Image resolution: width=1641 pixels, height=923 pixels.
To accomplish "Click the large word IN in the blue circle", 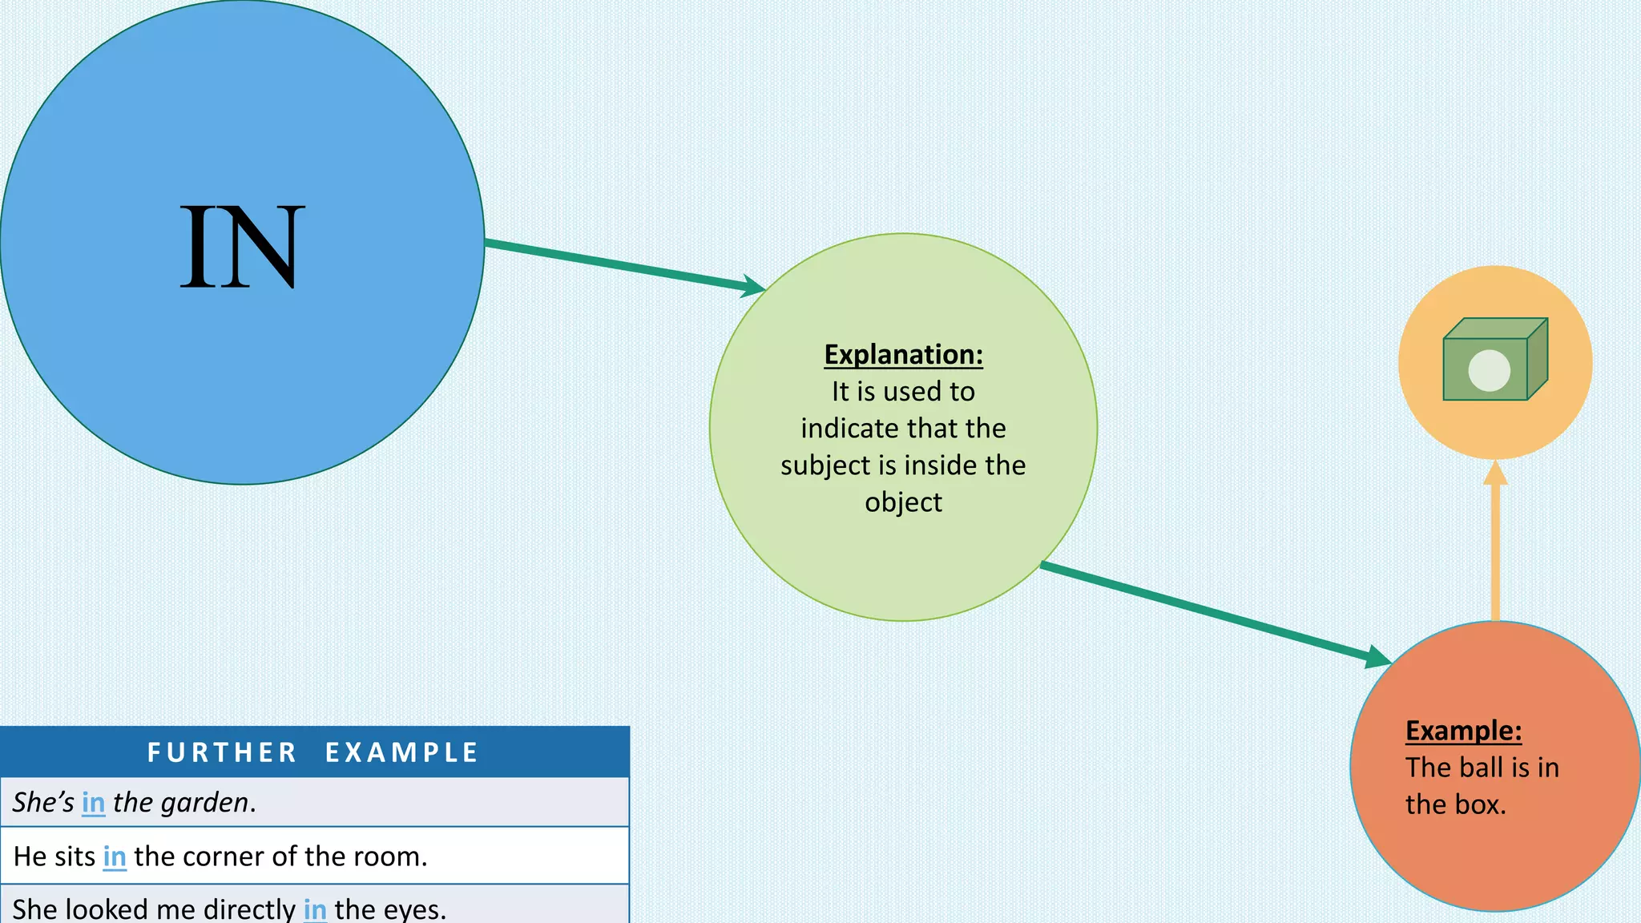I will tap(242, 246).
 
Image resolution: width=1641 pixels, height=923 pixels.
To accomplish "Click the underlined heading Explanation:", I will tap(903, 354).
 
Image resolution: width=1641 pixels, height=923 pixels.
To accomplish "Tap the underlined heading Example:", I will tap(1463, 730).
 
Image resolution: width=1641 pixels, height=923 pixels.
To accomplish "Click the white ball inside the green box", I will tap(1489, 370).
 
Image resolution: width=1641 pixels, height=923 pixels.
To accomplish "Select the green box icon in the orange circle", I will tap(1495, 360).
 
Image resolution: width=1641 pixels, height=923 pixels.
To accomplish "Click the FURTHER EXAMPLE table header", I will tap(313, 752).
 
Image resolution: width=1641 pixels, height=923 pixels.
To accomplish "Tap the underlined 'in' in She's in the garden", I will tap(94, 802).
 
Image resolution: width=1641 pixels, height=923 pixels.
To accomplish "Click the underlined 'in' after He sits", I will tap(115, 856).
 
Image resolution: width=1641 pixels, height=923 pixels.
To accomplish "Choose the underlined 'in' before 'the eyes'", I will tap(315, 909).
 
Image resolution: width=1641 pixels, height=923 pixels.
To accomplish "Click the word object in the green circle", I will tap(903, 502).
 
